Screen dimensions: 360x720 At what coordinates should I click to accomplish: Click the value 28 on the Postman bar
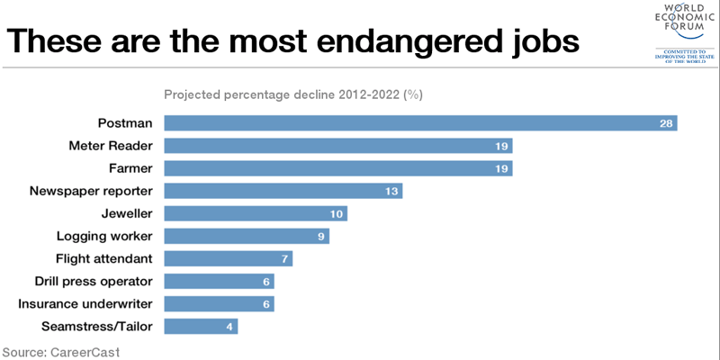(667, 123)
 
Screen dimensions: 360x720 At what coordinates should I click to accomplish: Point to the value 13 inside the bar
(391, 191)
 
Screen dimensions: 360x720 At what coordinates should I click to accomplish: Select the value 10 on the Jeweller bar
(337, 213)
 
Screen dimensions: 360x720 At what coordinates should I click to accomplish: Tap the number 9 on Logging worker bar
(321, 236)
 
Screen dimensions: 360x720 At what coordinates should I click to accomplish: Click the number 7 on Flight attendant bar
(284, 258)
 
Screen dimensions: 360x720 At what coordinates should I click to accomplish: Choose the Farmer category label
(131, 168)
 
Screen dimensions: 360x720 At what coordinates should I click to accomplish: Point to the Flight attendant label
(104, 258)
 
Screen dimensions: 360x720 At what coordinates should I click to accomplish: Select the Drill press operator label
(94, 281)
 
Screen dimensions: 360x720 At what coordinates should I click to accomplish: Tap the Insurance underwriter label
(85, 303)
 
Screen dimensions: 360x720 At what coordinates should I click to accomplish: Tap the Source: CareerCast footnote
(60, 351)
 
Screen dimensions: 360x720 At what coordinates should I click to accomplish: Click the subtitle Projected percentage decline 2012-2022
(293, 94)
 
